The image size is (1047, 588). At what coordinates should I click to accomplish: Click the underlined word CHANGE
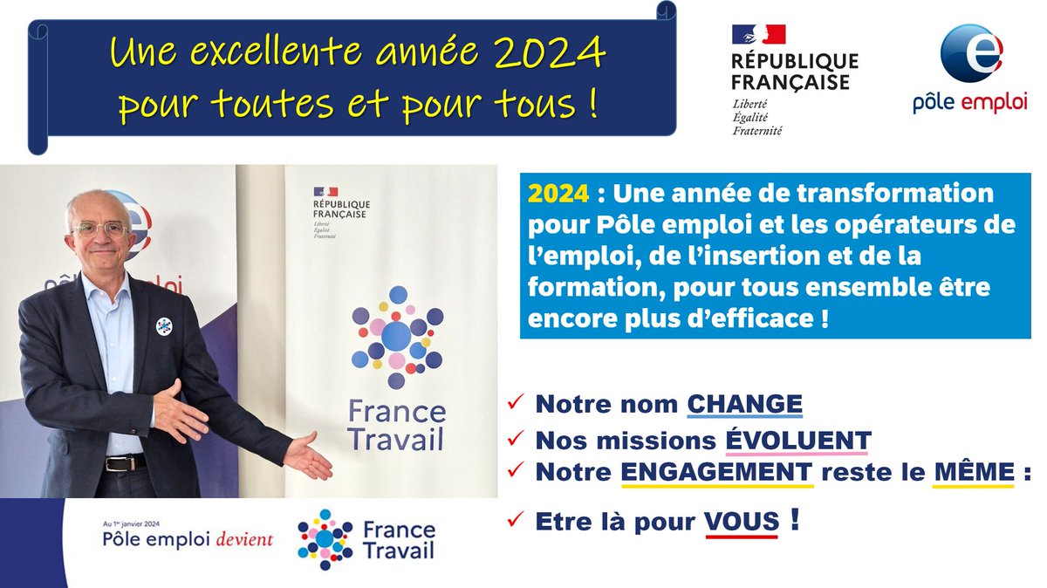744,405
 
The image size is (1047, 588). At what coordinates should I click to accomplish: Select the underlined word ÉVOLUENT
798,440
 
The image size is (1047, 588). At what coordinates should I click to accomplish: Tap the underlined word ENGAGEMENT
716,471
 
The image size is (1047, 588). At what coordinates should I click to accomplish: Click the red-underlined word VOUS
742,523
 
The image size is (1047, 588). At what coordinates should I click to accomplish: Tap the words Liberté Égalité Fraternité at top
757,117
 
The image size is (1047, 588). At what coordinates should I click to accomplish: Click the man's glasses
100,230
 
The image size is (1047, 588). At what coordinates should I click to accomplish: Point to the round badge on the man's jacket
163,326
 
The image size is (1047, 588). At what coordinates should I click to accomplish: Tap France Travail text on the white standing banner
396,425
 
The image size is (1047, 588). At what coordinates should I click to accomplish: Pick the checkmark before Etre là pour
516,522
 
